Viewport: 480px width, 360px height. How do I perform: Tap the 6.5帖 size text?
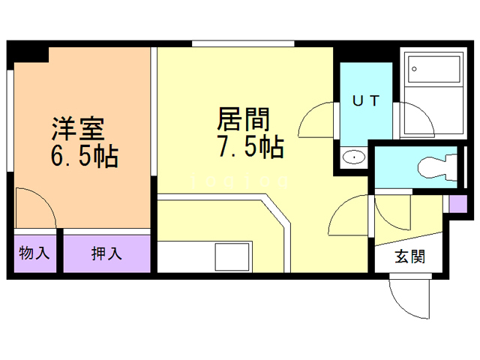click(82, 157)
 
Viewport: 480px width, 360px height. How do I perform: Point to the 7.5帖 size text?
click(250, 148)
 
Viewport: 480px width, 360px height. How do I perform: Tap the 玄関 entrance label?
click(410, 256)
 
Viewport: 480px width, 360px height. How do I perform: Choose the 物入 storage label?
click(34, 253)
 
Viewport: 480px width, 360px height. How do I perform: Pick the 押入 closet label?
click(106, 253)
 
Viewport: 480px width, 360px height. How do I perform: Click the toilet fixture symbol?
click(439, 164)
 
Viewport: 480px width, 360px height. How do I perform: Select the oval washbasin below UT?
click(352, 157)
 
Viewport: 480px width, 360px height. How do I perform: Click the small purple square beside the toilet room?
click(457, 202)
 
